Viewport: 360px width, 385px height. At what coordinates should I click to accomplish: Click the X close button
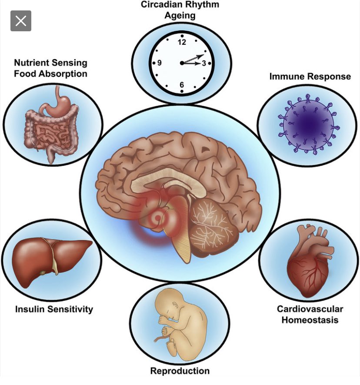click(21, 20)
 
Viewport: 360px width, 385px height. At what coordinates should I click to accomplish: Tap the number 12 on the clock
click(182, 42)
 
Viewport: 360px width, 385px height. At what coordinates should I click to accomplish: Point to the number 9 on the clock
click(160, 63)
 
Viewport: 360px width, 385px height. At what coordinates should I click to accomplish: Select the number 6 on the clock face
click(182, 85)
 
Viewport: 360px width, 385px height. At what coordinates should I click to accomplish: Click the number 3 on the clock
click(203, 63)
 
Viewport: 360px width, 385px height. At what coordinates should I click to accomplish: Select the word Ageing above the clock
click(180, 16)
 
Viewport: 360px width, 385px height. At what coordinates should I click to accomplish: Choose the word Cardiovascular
click(310, 309)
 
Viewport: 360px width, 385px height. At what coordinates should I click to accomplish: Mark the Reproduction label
click(180, 371)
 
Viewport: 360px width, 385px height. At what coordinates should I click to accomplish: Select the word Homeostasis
click(310, 320)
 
